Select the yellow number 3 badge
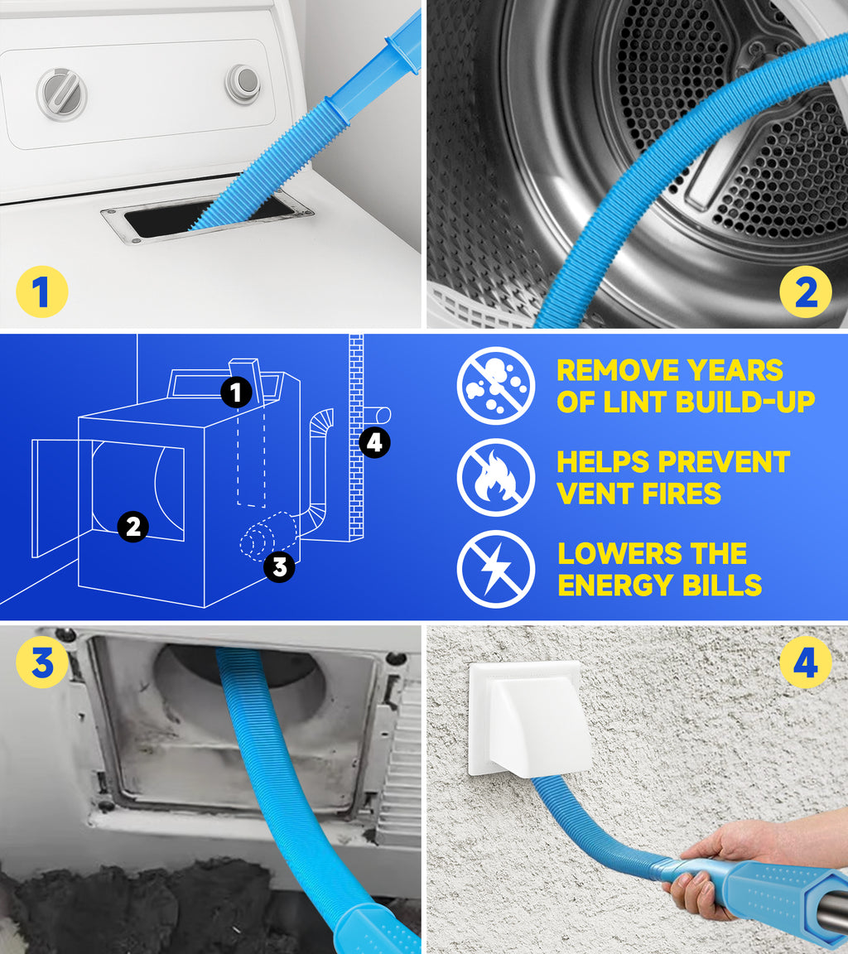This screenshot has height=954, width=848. tap(41, 663)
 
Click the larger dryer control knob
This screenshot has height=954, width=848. tap(62, 93)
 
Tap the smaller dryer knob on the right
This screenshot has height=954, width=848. tap(243, 83)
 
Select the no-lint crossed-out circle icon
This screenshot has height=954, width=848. tap(495, 386)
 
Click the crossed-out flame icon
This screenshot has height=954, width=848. tap(495, 478)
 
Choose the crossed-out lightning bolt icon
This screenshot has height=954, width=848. tap(495, 570)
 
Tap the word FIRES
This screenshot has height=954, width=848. tap(682, 494)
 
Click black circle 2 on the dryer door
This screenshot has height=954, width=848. tap(133, 526)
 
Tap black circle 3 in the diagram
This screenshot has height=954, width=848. tap(279, 566)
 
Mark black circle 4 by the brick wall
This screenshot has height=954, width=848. tap(373, 443)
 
